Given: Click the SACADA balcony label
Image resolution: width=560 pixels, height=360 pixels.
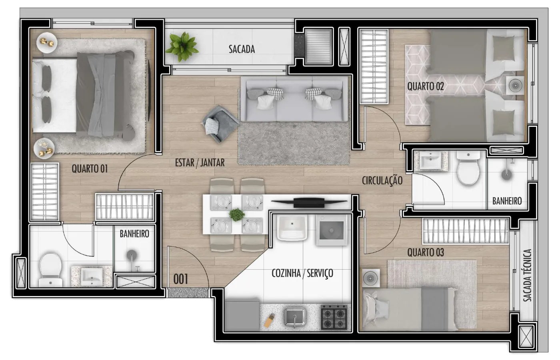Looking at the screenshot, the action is click(x=242, y=49).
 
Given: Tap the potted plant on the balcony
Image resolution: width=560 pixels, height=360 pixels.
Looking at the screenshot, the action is click(x=182, y=47).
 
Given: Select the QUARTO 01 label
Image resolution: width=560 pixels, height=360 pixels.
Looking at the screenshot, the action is click(x=90, y=169).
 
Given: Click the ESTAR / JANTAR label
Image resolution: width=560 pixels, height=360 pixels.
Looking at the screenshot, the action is click(x=200, y=163).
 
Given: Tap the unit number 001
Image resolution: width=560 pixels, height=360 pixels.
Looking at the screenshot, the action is click(x=180, y=279).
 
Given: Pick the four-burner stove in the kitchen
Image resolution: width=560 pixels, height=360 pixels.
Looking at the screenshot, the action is click(x=334, y=317).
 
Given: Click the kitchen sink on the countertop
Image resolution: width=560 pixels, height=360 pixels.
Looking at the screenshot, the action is click(x=295, y=317).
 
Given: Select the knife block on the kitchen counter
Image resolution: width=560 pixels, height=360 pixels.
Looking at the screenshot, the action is click(x=270, y=320).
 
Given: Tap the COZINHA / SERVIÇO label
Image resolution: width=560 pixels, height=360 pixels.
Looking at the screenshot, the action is click(x=302, y=273).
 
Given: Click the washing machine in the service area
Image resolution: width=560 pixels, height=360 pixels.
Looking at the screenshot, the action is click(x=332, y=230).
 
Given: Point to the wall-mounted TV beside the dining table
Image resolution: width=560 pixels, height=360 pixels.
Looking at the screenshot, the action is click(x=309, y=202).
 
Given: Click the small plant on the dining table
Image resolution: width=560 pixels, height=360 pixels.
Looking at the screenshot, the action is click(x=237, y=215).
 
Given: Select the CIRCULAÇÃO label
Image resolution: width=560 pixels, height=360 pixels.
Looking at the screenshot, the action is click(x=382, y=180).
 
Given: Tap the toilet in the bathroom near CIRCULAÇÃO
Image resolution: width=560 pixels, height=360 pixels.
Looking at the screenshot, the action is click(x=468, y=168).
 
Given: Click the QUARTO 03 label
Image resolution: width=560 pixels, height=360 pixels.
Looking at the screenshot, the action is click(x=426, y=252).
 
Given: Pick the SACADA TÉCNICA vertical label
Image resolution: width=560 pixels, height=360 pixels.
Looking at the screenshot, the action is click(x=528, y=275).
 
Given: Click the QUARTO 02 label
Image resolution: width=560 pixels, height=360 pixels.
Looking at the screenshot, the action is click(x=426, y=86).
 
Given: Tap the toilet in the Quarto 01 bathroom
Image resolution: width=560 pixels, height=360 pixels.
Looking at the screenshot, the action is click(x=51, y=270).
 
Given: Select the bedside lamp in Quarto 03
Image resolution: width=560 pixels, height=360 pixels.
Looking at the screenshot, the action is click(x=371, y=278).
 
